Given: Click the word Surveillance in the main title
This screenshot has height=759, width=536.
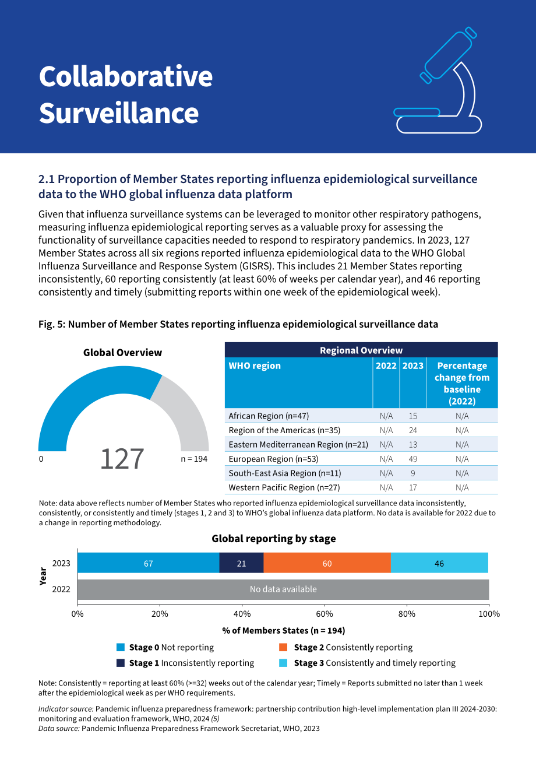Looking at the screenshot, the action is (x=118, y=113).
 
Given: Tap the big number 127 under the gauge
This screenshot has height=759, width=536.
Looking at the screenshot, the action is (x=122, y=459).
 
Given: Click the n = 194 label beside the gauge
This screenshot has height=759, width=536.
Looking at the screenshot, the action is (x=194, y=459).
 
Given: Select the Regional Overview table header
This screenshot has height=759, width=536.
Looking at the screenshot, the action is (x=361, y=350).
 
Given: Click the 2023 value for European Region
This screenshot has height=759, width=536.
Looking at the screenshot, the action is (x=412, y=459).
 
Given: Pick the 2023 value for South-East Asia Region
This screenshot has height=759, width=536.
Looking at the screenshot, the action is (x=412, y=473).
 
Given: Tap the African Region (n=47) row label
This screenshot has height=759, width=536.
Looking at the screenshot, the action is (x=269, y=416).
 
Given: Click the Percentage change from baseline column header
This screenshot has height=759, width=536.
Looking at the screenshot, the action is (x=462, y=383).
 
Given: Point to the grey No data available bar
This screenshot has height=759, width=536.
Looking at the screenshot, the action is (x=283, y=589).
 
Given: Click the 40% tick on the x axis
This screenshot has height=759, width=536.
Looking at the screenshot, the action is (x=242, y=614).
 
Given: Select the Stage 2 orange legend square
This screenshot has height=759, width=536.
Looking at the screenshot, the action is (x=283, y=647).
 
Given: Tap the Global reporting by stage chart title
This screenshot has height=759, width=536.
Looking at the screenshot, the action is (x=274, y=539).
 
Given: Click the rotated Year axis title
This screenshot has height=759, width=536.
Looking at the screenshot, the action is (x=43, y=576).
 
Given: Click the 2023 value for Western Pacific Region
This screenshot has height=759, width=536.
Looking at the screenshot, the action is (x=412, y=487).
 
